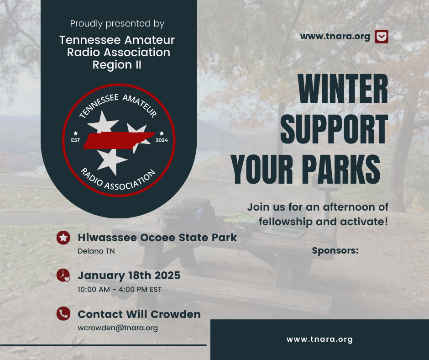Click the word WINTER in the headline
(343, 89)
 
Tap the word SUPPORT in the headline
(335, 129)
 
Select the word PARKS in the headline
(341, 169)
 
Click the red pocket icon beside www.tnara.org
(382, 37)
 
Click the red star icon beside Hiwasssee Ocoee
(63, 238)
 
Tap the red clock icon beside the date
(63, 275)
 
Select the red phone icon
(63, 314)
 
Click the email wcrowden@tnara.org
(118, 328)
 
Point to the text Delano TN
(96, 251)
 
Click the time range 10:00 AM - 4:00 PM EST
(120, 289)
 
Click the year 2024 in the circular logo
(162, 140)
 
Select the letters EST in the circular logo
(76, 140)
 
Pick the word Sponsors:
(335, 250)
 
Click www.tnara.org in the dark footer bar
(319, 339)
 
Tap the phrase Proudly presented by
(117, 24)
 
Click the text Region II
(117, 65)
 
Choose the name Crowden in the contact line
(176, 314)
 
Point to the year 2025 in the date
(167, 275)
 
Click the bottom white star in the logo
(111, 161)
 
